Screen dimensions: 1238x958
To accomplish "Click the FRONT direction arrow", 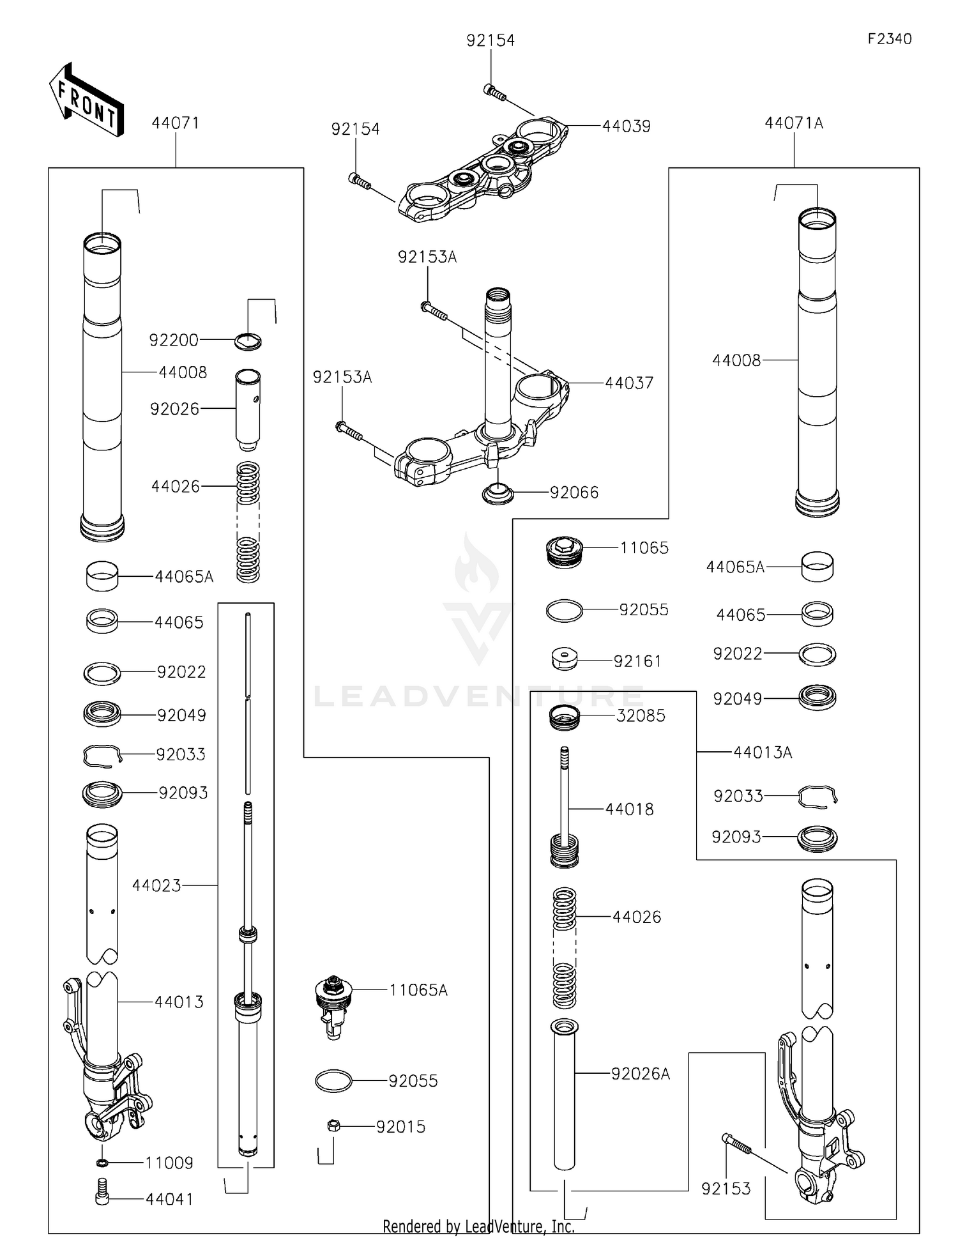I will pyautogui.click(x=86, y=100).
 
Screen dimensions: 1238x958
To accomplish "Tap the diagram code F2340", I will pyautogui.click(x=890, y=39).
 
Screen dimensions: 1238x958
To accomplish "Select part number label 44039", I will pyautogui.click(x=626, y=126).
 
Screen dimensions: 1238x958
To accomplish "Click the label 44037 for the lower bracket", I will pyautogui.click(x=629, y=383).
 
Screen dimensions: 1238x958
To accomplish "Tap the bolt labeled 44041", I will pyautogui.click(x=102, y=1199).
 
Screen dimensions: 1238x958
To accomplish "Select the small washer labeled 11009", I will pyautogui.click(x=102, y=1162).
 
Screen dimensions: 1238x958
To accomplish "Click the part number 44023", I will pyautogui.click(x=156, y=885).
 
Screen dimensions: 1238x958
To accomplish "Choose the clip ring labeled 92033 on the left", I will pyautogui.click(x=102, y=756).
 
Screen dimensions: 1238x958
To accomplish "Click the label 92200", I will pyautogui.click(x=174, y=340).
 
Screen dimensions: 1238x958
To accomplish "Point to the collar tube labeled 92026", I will pyautogui.click(x=248, y=409).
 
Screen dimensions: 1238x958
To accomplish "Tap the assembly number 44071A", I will pyautogui.click(x=794, y=123).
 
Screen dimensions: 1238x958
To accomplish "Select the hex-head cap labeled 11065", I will pyautogui.click(x=565, y=552).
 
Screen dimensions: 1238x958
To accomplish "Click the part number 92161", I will pyautogui.click(x=637, y=661).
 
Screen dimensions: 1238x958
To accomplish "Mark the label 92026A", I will pyautogui.click(x=641, y=1074).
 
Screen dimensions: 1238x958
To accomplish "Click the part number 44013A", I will pyautogui.click(x=763, y=753).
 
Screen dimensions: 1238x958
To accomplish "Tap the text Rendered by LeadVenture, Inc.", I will pyautogui.click(x=478, y=1226).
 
